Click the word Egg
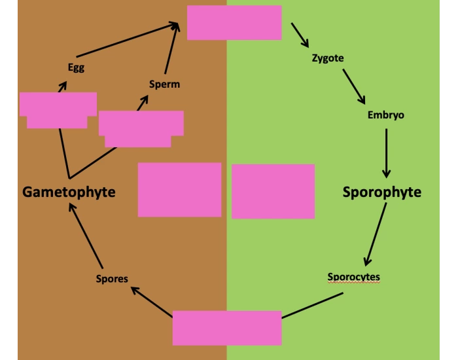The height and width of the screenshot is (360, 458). pos(76,67)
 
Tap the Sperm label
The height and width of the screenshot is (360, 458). pos(164,84)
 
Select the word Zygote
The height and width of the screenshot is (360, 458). pos(328,58)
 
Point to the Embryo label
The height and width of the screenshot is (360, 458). pos(385,115)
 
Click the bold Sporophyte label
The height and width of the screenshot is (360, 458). pos(382,192)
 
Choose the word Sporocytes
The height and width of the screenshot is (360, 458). pos(353,277)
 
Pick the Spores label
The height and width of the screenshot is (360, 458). pos(111,279)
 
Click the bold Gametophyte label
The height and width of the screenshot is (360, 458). pos(69,192)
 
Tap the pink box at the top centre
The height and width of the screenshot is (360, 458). pos(234,22)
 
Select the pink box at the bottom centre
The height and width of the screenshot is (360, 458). pos(227,327)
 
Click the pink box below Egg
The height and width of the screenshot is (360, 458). pos(58,109)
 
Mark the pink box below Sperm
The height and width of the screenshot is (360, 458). pos(141,128)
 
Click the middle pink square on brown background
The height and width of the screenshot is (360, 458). pos(179,189)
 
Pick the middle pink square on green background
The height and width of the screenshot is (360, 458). pos(273,191)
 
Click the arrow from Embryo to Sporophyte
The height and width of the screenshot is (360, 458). pos(386,153)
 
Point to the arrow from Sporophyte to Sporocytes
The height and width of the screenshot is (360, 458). pos(376,233)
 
